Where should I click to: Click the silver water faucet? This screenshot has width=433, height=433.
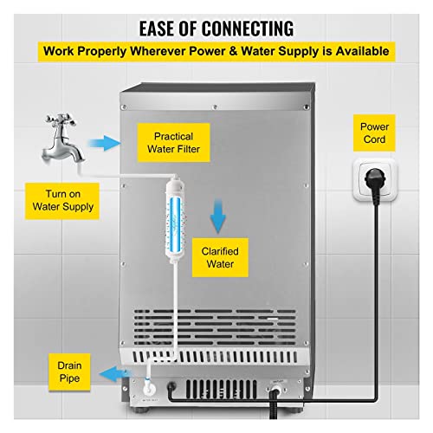click(61, 140)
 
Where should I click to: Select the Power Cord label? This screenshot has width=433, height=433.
click(374, 132)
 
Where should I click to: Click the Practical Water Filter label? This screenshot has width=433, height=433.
click(173, 143)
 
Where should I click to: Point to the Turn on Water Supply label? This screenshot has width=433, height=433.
click(62, 201)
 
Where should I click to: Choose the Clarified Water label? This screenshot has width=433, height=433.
click(220, 257)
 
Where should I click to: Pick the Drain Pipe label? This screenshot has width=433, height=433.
click(69, 372)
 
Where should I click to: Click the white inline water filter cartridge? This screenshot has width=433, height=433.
click(175, 219)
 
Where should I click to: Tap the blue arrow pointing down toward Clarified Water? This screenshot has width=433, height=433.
click(218, 216)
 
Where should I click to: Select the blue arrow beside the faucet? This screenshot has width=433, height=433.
click(104, 143)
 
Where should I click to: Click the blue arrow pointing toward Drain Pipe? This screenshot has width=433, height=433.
click(115, 374)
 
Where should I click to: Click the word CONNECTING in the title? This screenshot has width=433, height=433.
click(248, 29)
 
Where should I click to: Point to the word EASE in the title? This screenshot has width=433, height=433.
click(157, 29)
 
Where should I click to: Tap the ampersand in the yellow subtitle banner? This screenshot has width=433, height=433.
click(233, 51)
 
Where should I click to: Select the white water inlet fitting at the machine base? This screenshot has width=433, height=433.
click(149, 388)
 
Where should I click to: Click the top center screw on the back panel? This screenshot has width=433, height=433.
click(215, 107)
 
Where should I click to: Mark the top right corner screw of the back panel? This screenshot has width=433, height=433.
click(306, 107)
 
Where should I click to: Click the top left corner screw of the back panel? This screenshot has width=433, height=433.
click(124, 107)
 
